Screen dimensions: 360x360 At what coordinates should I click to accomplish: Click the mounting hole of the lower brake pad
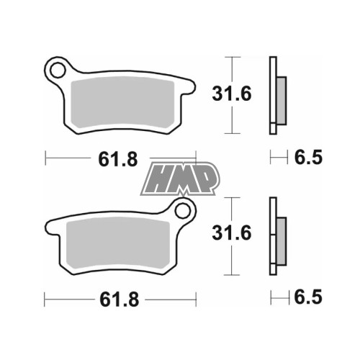click(x=183, y=211)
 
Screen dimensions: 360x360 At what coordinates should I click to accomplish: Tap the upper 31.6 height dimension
click(x=232, y=94)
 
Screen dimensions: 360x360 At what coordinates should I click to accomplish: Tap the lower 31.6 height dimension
click(x=232, y=233)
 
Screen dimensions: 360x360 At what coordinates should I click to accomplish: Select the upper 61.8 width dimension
click(x=118, y=159)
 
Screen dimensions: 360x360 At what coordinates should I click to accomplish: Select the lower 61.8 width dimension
click(x=120, y=300)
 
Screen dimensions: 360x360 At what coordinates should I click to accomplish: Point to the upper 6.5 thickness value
click(x=308, y=158)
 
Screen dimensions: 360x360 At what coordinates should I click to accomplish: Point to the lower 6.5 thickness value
click(x=308, y=297)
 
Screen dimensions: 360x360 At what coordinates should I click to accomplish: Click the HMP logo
click(x=180, y=179)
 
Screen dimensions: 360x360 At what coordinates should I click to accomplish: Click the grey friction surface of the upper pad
click(x=122, y=102)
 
